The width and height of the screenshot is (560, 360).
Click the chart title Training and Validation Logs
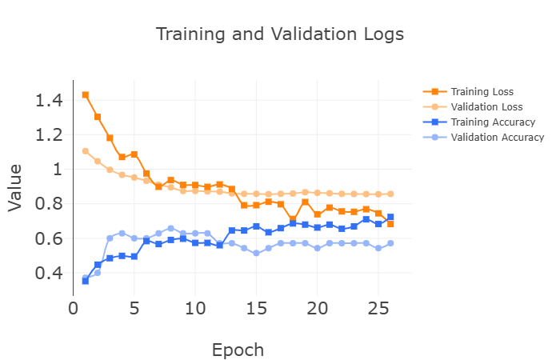tap(279, 34)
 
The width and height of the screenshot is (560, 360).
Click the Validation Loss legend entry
tap(486, 107)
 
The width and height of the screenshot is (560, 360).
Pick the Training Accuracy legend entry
tap(492, 122)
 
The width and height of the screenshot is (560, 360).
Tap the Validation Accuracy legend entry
tap(497, 138)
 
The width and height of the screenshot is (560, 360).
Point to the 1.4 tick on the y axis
tap(49, 101)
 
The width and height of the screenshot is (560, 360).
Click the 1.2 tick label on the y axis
tap(49, 135)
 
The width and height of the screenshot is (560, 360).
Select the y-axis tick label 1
tap(57, 170)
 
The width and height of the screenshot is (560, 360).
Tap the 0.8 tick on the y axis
tap(49, 204)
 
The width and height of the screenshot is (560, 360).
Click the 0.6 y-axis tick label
tap(49, 238)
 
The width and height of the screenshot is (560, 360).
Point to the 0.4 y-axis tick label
tap(49, 273)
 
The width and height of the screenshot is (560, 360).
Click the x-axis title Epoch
tap(238, 350)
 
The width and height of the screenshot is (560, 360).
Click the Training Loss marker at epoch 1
tap(86, 94)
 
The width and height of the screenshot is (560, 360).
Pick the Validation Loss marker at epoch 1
tap(86, 151)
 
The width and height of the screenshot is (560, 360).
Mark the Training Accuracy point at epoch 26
tap(390, 217)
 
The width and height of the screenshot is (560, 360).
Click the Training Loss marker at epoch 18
tap(293, 219)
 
